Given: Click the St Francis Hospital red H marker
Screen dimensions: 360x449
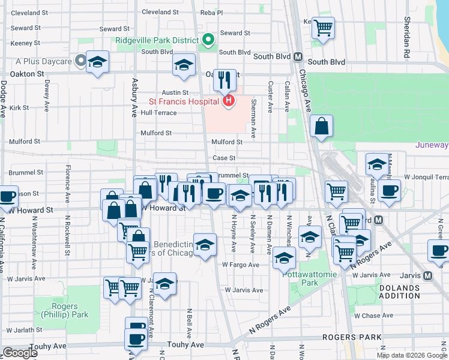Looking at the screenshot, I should click(x=228, y=102).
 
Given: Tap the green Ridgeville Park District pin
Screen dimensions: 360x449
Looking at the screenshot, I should click(x=208, y=41).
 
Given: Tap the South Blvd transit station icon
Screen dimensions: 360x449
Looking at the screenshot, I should click(x=297, y=57).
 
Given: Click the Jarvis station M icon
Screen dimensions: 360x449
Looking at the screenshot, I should click(x=427, y=275).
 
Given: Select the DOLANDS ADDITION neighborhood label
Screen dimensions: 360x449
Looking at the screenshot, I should click(x=400, y=292).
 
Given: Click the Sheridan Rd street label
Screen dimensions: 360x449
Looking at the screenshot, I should click(x=406, y=42).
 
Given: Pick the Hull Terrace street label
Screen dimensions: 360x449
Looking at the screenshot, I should click(x=158, y=113).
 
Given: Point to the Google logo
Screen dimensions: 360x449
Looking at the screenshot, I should click(x=20, y=353).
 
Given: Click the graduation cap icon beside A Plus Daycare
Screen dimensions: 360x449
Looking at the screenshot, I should click(x=97, y=62).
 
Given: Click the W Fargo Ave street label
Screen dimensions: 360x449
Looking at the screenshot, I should click(x=240, y=265).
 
